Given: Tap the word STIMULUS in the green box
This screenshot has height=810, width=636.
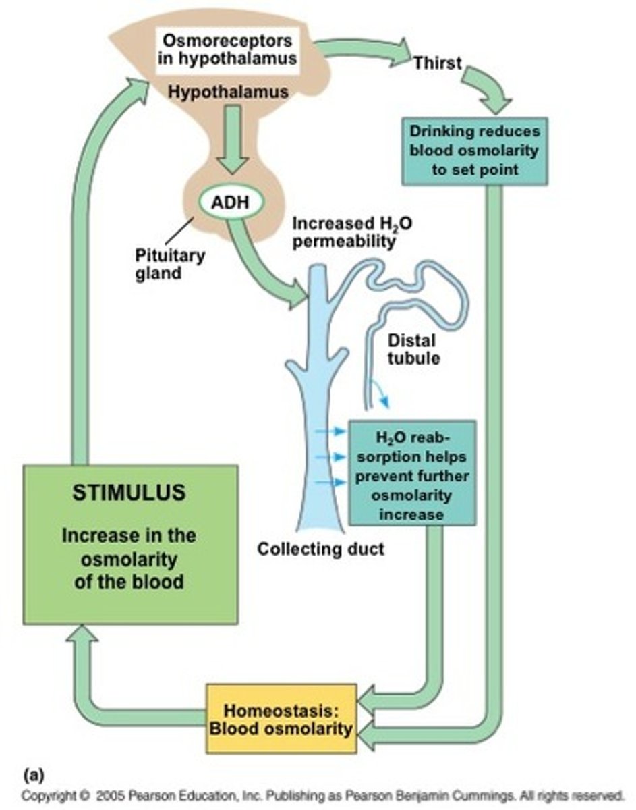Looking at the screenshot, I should click(x=129, y=493).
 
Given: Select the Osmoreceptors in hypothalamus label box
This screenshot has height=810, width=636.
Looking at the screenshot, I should click(x=227, y=48).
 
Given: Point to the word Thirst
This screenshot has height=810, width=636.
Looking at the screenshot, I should click(x=437, y=63).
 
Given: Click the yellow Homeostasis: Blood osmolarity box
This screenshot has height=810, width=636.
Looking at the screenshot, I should click(x=281, y=719).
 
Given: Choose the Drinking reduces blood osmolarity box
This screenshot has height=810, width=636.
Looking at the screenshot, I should click(x=475, y=151).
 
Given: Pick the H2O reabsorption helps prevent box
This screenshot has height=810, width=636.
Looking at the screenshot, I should click(x=411, y=472).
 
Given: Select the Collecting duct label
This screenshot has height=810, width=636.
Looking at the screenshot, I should click(x=320, y=549).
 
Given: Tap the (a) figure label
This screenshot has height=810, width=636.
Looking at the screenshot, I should click(x=33, y=772).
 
